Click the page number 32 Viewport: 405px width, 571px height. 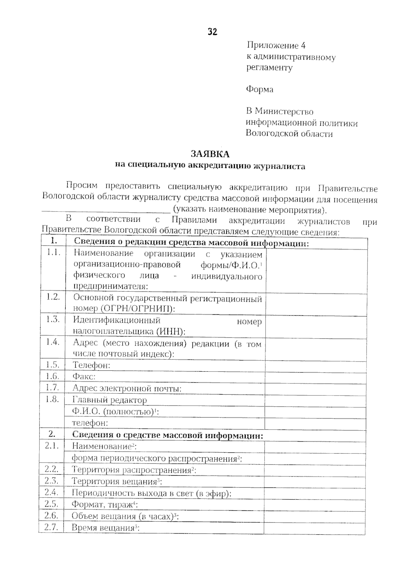pos(212,32)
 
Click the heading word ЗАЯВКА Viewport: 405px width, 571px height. pos(210,154)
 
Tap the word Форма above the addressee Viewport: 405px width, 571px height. pos(260,89)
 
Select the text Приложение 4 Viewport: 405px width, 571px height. pos(276,45)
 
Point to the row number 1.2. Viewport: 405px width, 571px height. pos(53,297)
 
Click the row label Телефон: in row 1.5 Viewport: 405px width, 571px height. pos(91,365)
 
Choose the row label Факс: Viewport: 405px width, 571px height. pos(84,377)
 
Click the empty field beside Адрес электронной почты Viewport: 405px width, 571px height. pos(315,388)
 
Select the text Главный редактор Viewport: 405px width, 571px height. pos(110,400)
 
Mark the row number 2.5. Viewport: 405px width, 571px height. pos(51,504)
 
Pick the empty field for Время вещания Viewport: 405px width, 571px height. pos(314,528)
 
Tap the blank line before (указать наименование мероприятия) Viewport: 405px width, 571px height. pos(106,211)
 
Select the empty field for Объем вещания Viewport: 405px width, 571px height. pos(314,516)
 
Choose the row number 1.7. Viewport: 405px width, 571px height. pos(52,387)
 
